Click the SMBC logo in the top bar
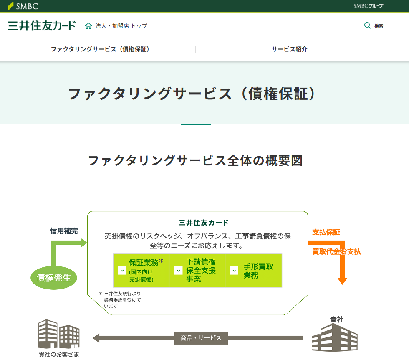23,6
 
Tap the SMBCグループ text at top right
368,6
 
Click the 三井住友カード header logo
42,25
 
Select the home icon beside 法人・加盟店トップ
88,26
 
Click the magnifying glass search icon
367,25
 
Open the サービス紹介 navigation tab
289,49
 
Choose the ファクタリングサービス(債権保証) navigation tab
100,49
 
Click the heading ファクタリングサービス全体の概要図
195,161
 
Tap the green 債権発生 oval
54,277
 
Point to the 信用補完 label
64,231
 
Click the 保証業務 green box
141,270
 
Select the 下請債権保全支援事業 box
197,270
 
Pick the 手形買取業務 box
254,270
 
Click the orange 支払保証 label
326,232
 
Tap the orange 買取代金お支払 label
336,252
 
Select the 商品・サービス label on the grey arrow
201,338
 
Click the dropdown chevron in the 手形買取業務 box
234,271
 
